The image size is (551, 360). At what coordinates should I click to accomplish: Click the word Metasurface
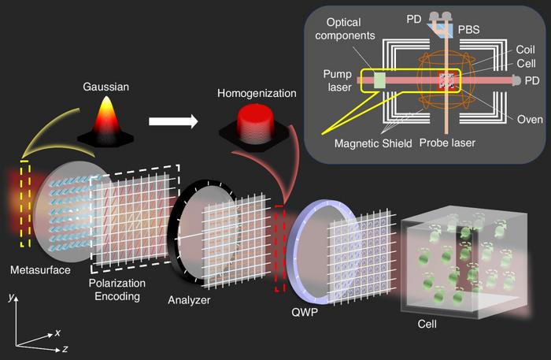(x=39, y=270)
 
